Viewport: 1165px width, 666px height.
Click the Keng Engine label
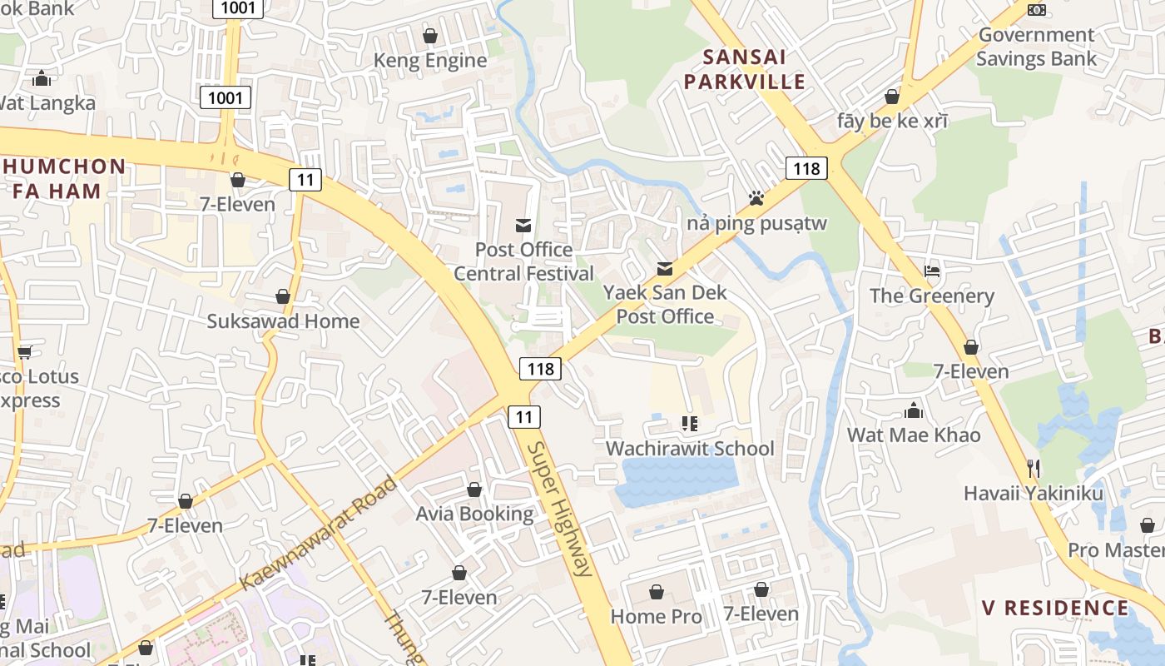[x=430, y=61]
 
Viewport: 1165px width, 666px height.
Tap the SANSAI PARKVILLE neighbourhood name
[x=754, y=69]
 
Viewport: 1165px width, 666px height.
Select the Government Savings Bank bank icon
[x=1036, y=10]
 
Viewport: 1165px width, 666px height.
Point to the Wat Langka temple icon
[x=42, y=79]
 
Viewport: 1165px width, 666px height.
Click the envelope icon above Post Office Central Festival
[x=523, y=225]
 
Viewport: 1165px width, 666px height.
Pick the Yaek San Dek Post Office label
[x=665, y=305]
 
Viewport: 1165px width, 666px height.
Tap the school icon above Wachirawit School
[x=689, y=424]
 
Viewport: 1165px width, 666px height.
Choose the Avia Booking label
[x=474, y=514]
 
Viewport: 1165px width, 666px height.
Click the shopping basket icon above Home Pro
[x=657, y=592]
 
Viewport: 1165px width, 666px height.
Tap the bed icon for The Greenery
[x=932, y=271]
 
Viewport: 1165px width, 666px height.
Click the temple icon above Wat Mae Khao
[x=914, y=410]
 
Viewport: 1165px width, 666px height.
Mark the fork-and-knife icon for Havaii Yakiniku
[x=1034, y=468]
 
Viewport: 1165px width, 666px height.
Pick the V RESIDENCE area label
[x=1055, y=608]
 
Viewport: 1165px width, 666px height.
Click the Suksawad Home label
[x=283, y=321]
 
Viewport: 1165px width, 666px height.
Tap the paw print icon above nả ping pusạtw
[x=756, y=198]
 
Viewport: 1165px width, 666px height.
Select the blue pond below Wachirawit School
[x=676, y=481]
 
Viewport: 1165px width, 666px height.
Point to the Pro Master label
[x=1116, y=550]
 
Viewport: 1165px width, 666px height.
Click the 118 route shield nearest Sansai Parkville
[x=806, y=169]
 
